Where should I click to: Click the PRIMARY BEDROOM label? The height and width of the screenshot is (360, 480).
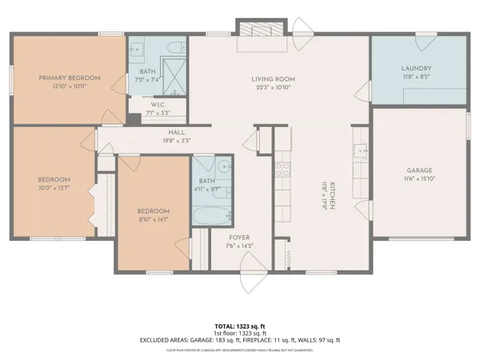tap(70, 78)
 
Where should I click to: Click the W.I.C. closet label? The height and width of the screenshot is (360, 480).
tap(158, 105)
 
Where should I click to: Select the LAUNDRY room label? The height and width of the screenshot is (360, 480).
tap(416, 69)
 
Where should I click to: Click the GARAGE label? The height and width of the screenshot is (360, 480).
tap(419, 170)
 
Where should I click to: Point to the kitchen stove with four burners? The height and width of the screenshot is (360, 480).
tap(282, 170)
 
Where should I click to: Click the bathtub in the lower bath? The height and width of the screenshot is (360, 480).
tap(212, 215)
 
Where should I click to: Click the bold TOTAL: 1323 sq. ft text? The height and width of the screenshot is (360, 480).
tap(240, 326)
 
